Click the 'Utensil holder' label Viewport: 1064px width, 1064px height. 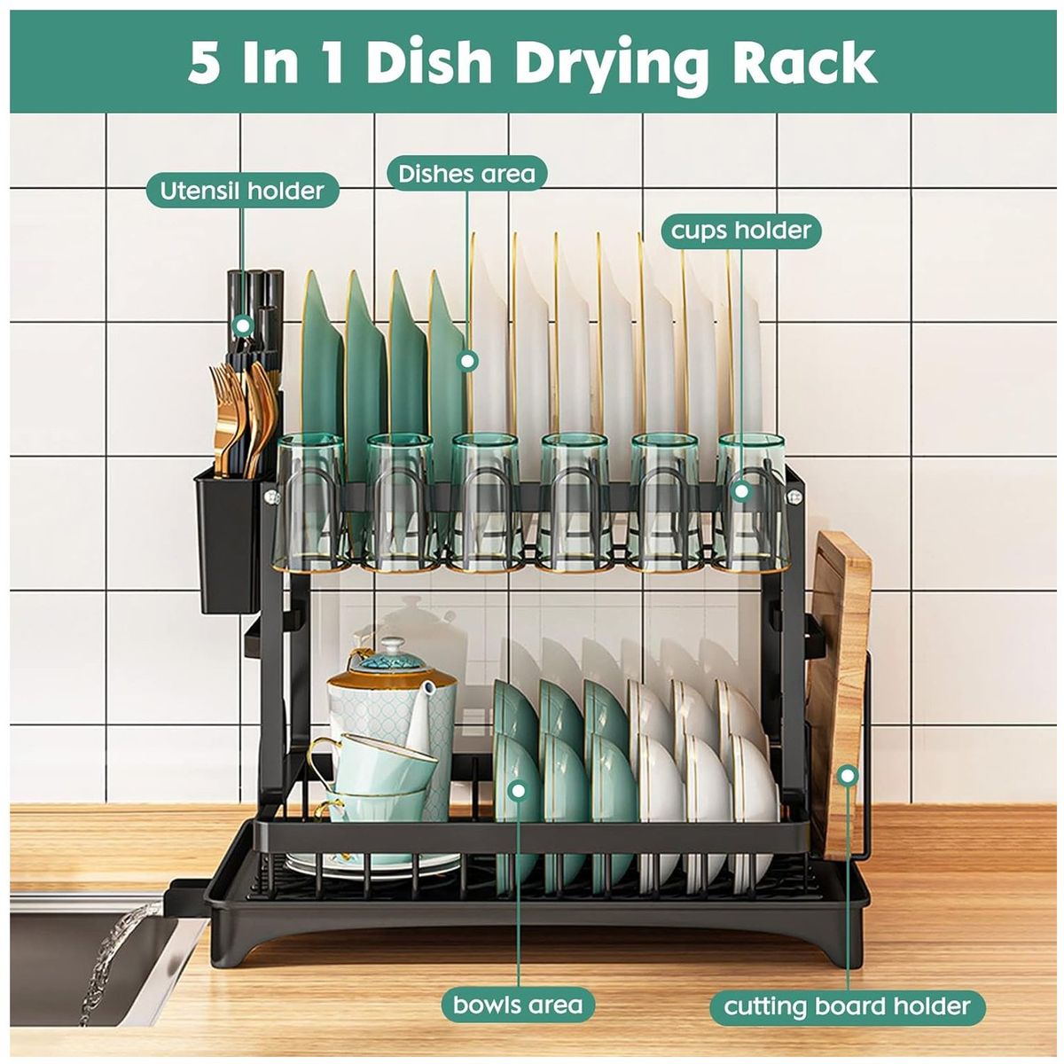click(242, 191)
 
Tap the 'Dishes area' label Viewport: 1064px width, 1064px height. click(466, 174)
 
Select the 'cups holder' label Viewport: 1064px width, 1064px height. click(741, 231)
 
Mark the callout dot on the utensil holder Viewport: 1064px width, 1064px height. click(242, 325)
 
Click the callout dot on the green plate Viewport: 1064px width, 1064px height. click(468, 362)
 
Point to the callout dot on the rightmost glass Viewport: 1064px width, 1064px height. click(741, 490)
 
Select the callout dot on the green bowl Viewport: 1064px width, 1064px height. click(518, 791)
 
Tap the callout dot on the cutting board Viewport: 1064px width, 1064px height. click(848, 776)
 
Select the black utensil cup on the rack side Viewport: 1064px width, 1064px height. click(228, 538)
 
